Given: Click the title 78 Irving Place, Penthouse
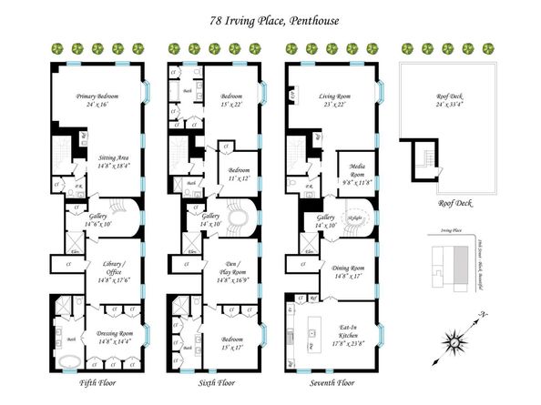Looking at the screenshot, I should coord(270,15).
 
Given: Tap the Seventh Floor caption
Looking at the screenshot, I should coord(333,385).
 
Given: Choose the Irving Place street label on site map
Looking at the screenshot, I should coord(446,233).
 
